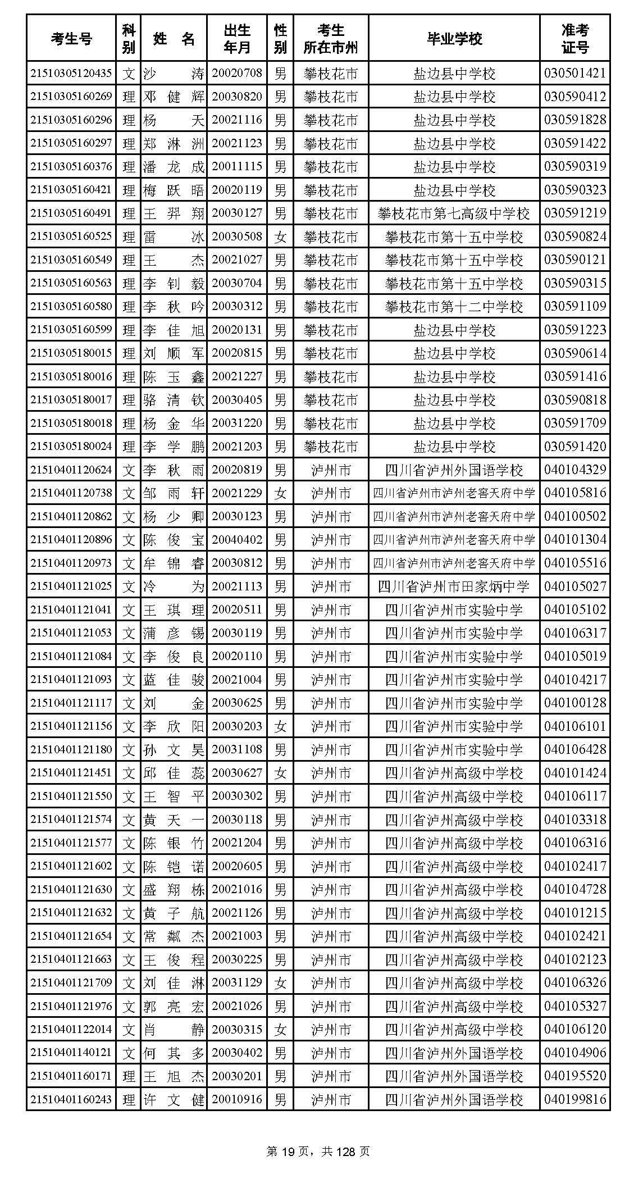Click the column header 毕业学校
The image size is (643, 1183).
coord(454,38)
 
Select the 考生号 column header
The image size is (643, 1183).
coord(71,38)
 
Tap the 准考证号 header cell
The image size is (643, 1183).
coord(574,38)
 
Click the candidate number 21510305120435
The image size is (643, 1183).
coord(71,73)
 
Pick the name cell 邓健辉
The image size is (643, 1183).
coord(173,97)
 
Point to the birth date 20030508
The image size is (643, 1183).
coord(236,236)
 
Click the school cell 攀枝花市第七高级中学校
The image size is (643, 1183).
coord(454,213)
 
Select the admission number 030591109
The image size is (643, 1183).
coord(574,307)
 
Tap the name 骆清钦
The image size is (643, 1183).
coord(173,400)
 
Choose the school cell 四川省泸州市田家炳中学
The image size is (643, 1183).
coord(454,586)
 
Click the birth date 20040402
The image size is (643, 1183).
coord(236,540)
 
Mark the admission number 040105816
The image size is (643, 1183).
coord(574,493)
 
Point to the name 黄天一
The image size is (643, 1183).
coord(173,820)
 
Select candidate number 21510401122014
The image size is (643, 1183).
coord(71,1030)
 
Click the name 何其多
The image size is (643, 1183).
coord(173,1053)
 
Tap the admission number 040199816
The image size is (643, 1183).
coord(574,1099)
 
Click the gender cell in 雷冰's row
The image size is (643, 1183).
coord(280,236)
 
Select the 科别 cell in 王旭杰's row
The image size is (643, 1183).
coord(129,1076)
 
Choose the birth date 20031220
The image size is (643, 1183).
coord(236,423)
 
